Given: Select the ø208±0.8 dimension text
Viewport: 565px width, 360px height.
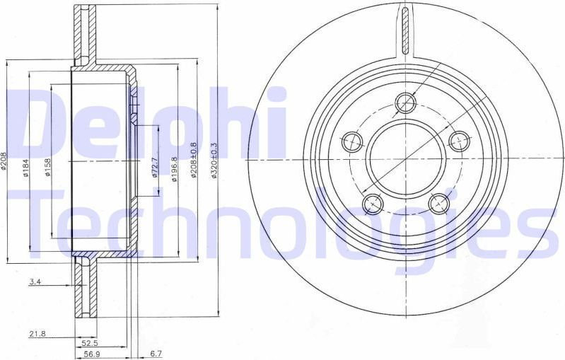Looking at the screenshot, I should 194,163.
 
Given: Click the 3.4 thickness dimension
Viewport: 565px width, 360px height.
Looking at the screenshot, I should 35,282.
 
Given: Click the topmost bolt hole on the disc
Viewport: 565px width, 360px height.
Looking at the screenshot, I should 405,103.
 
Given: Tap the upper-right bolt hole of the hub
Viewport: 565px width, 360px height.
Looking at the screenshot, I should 459,141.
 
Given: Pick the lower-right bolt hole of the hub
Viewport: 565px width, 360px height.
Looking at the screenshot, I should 438,204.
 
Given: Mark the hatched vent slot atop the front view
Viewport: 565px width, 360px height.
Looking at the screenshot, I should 405,30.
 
